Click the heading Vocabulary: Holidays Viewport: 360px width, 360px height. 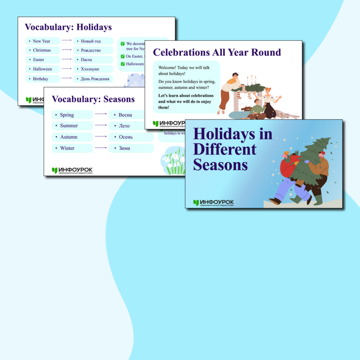point(68,28)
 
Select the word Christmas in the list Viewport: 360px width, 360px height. point(42,50)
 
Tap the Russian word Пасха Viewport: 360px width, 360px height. point(86,60)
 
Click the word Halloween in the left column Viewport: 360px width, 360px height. point(42,69)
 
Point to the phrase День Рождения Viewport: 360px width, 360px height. point(95,79)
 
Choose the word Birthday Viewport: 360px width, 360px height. point(41,79)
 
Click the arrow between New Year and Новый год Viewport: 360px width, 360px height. point(66,41)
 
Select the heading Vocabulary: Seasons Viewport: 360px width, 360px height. point(93,99)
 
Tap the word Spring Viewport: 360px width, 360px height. point(67,115)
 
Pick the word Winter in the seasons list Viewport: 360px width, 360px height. point(67,148)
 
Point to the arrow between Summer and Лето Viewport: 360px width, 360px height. point(100,126)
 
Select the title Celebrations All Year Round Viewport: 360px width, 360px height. point(217,52)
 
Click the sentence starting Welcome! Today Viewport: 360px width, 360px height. point(184,71)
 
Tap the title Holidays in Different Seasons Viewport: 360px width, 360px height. point(233,149)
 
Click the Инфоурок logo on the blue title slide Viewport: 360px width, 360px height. point(213,203)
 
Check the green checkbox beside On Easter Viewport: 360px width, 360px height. point(123,56)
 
